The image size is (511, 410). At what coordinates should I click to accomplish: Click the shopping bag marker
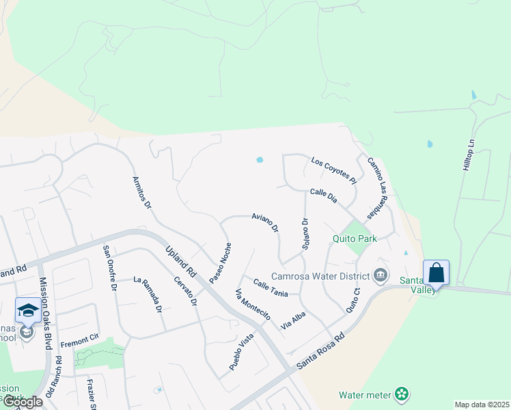(x=436, y=273)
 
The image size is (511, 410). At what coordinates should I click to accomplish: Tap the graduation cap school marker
(x=28, y=311)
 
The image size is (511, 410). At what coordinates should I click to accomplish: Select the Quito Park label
(x=355, y=239)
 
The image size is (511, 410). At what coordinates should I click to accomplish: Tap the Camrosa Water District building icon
(x=381, y=276)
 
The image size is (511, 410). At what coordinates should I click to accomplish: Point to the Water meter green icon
(x=402, y=394)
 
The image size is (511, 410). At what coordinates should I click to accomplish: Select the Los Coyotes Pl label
(x=334, y=170)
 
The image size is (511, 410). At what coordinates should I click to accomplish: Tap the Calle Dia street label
(x=324, y=195)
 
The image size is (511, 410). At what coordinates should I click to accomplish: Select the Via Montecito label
(x=253, y=305)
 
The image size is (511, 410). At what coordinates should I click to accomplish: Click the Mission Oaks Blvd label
(x=46, y=313)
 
